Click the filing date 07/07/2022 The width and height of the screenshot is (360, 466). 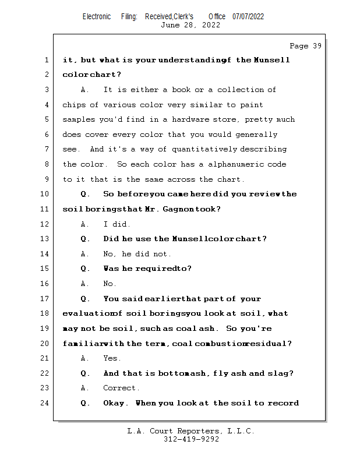point(248,16)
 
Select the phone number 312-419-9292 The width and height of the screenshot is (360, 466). point(191,439)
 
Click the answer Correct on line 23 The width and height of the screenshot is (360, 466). point(121,388)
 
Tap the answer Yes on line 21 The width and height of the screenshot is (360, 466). point(111,358)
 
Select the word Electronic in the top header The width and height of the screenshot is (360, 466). point(96,16)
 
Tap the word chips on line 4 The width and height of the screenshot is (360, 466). point(74,105)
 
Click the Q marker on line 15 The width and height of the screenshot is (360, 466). point(85,269)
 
